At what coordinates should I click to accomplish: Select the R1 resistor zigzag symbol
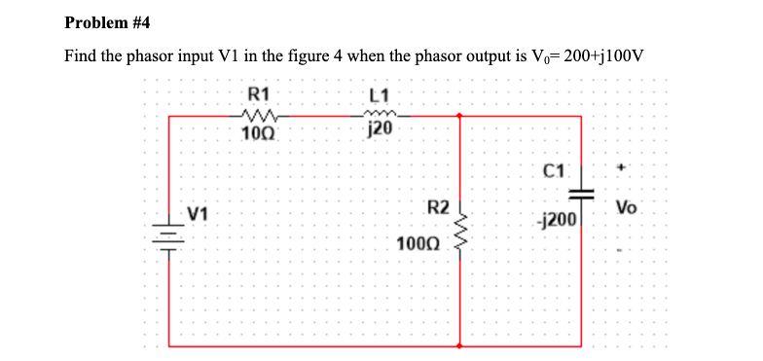pyautogui.click(x=258, y=117)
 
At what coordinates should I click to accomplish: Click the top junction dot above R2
pyautogui.click(x=460, y=117)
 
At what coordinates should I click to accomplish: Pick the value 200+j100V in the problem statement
pyautogui.click(x=595, y=54)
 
